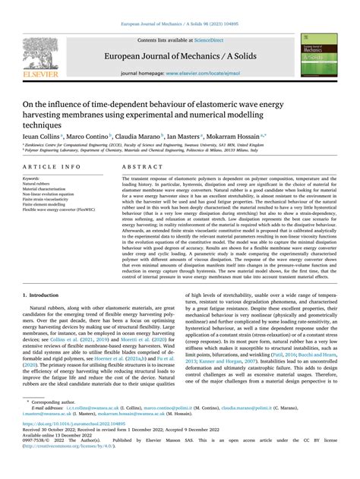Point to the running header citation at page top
click(180, 25)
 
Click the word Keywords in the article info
click(32, 178)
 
